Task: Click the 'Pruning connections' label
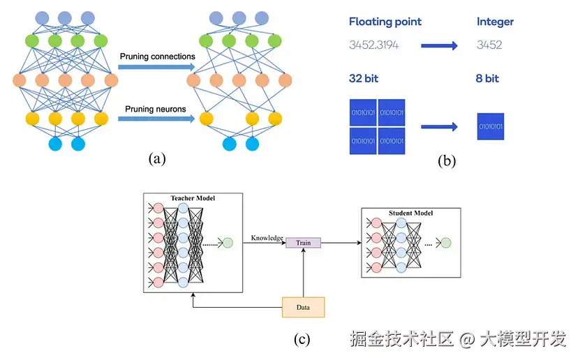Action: click(x=157, y=57)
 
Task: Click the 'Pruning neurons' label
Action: click(x=156, y=109)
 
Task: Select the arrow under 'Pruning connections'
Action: click(x=156, y=67)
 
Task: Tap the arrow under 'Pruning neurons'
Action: click(x=156, y=119)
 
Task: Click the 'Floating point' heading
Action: click(x=385, y=22)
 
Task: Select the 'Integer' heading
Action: click(x=495, y=22)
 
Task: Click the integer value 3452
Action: click(x=489, y=45)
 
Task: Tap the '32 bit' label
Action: click(x=364, y=78)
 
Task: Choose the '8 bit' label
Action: click(x=488, y=78)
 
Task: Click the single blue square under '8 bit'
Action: click(x=491, y=126)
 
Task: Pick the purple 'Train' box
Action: click(x=303, y=243)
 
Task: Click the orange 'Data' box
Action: click(x=304, y=307)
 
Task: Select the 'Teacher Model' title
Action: click(x=193, y=198)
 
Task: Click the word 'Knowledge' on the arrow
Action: click(x=267, y=238)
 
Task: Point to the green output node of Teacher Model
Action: click(x=227, y=243)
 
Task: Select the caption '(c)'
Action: click(x=302, y=340)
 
